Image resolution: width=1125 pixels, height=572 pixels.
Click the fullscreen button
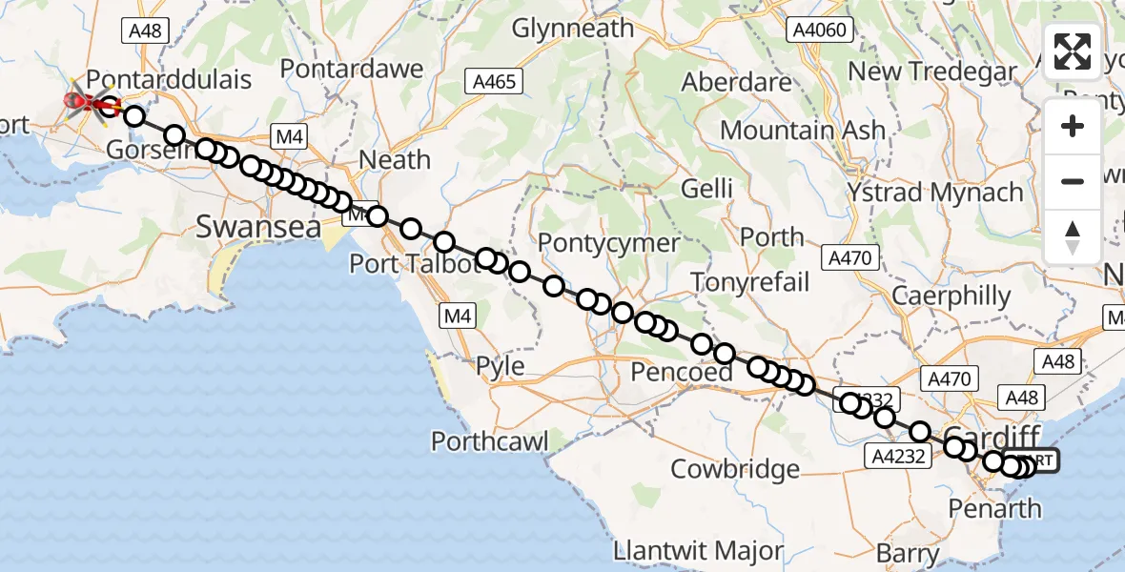[1073, 51]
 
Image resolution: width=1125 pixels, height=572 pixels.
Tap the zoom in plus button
[1073, 127]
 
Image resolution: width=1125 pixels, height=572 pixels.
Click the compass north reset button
[1073, 236]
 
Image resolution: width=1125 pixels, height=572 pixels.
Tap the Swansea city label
[245, 227]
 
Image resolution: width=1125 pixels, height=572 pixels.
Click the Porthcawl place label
[490, 441]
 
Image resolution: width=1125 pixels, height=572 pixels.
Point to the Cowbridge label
[735, 469]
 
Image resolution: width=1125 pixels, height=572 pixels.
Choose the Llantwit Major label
[699, 551]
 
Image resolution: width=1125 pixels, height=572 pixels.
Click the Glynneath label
[572, 29]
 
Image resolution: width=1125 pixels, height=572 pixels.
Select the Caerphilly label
[950, 296]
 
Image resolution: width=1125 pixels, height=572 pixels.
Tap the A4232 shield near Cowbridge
[896, 456]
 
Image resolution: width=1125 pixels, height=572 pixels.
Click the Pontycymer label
[608, 243]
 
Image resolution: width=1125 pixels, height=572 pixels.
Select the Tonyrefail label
[749, 281]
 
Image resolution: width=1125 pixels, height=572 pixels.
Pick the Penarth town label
[995, 508]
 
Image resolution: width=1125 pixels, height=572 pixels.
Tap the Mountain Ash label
[803, 131]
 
